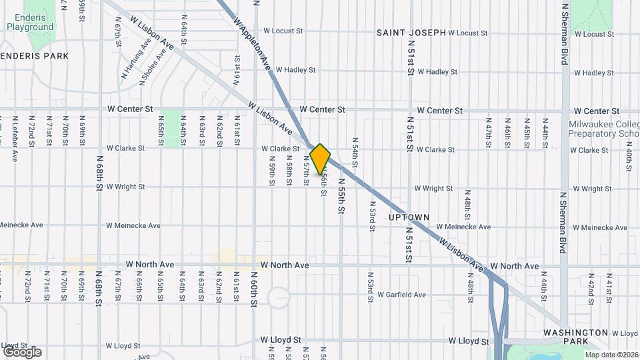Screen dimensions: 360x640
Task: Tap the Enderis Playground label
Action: tap(30, 22)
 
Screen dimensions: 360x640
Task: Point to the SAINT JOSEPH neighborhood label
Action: tap(411, 32)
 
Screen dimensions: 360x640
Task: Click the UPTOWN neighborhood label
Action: tap(409, 217)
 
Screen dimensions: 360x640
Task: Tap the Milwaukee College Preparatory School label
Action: tap(604, 129)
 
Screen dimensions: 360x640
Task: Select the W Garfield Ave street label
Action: tap(401, 294)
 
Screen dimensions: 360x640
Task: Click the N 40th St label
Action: tap(629, 160)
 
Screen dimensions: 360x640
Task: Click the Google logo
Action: tap(22, 351)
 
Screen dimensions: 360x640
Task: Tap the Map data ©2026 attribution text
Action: tap(611, 355)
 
